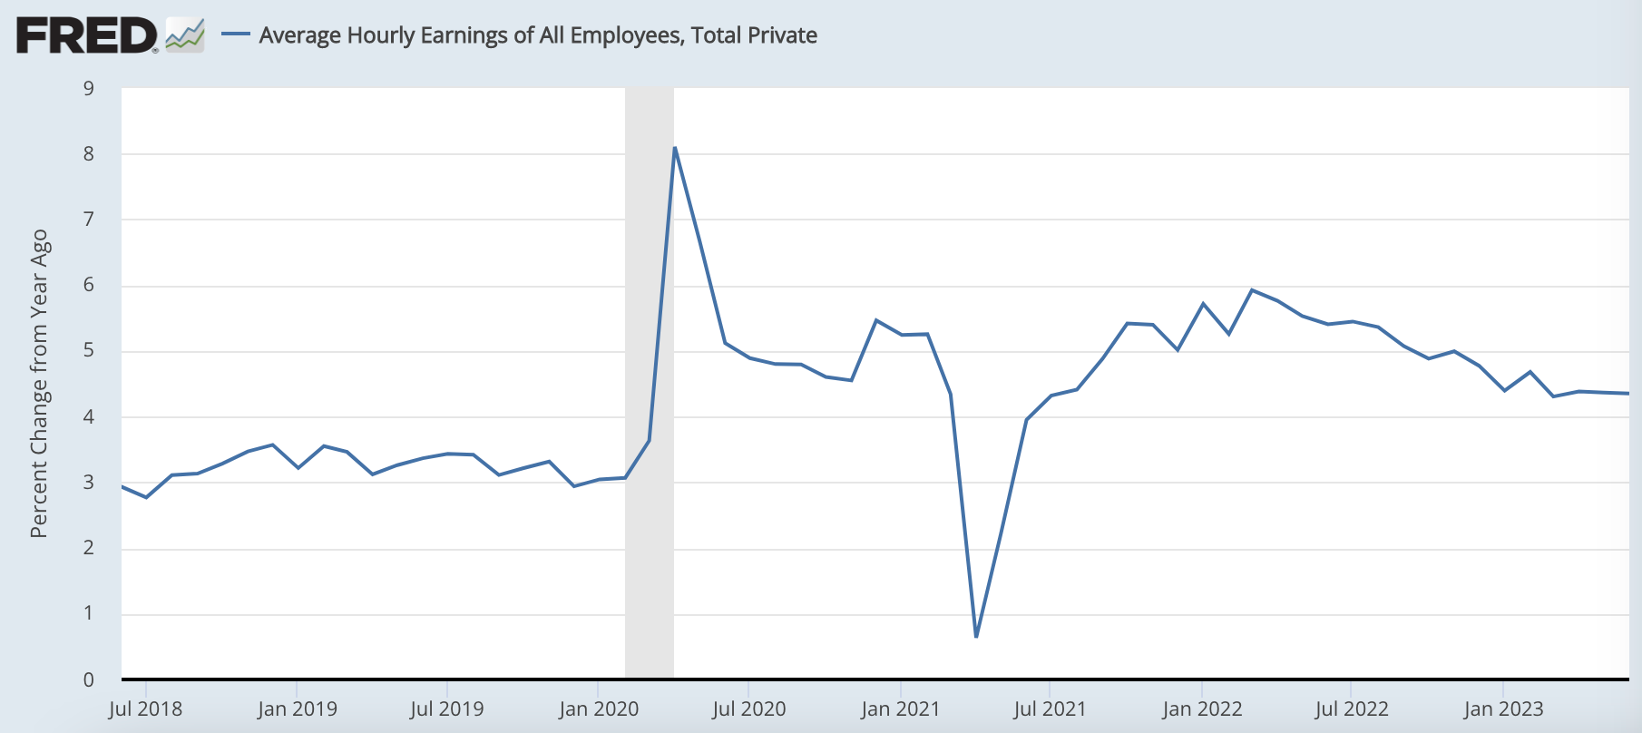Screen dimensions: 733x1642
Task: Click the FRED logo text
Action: [x=86, y=36]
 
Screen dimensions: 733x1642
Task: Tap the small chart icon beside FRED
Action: [x=185, y=35]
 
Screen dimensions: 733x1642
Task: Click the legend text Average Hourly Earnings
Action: [x=538, y=35]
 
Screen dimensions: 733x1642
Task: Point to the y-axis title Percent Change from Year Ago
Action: [x=38, y=383]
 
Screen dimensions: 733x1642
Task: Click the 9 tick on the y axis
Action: [x=89, y=88]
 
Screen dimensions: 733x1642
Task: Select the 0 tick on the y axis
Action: [x=89, y=679]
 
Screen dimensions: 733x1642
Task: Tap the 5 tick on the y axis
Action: [x=89, y=351]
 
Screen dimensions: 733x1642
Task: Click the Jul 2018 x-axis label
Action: [x=145, y=709]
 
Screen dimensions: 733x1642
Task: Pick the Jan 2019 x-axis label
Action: [x=297, y=709]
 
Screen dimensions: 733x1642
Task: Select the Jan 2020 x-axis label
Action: [x=599, y=709]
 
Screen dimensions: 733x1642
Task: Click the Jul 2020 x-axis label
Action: [x=748, y=709]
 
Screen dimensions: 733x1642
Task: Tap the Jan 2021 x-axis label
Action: [x=900, y=709]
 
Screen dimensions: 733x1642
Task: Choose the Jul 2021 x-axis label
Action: [x=1050, y=709]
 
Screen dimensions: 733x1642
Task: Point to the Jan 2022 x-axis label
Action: [x=1202, y=709]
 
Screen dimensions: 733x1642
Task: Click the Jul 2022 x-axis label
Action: [x=1352, y=709]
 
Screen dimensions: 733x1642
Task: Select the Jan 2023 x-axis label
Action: [x=1503, y=709]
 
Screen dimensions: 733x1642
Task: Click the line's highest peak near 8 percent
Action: [x=675, y=148]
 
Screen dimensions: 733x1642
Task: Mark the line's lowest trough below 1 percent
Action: [x=976, y=636]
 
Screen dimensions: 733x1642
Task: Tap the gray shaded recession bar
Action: [x=650, y=381]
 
